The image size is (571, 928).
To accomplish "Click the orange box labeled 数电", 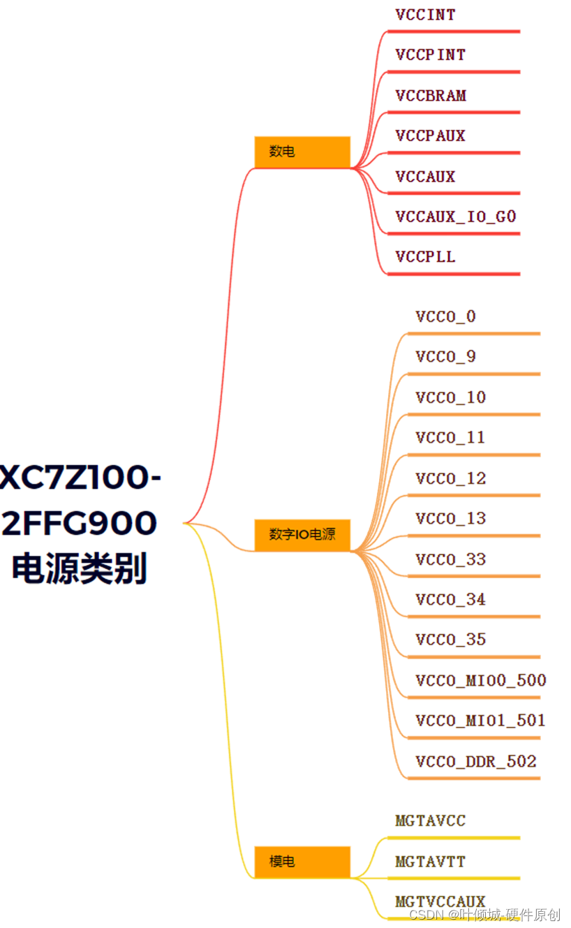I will click(302, 152).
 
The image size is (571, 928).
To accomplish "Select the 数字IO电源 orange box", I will click(302, 535).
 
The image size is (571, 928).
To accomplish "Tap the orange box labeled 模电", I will click(302, 862).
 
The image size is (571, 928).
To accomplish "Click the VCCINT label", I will click(425, 15).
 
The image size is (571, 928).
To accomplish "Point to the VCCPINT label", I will click(430, 54).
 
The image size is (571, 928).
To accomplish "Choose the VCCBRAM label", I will click(431, 96).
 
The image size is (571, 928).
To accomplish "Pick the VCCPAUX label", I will click(430, 135).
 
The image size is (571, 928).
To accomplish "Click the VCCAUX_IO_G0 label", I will click(455, 217).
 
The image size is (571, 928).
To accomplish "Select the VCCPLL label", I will click(425, 257).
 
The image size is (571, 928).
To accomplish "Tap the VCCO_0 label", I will click(445, 317).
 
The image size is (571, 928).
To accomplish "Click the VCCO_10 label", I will click(450, 398).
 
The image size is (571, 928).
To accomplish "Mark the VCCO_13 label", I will click(450, 519).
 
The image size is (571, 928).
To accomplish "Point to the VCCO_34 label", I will click(450, 600).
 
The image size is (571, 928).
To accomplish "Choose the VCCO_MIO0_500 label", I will click(480, 681).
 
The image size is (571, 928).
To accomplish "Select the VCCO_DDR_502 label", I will click(475, 762).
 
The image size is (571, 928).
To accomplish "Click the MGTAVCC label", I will click(430, 821).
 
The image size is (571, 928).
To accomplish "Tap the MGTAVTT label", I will click(430, 862).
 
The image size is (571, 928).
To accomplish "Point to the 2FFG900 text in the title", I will click(79, 524).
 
